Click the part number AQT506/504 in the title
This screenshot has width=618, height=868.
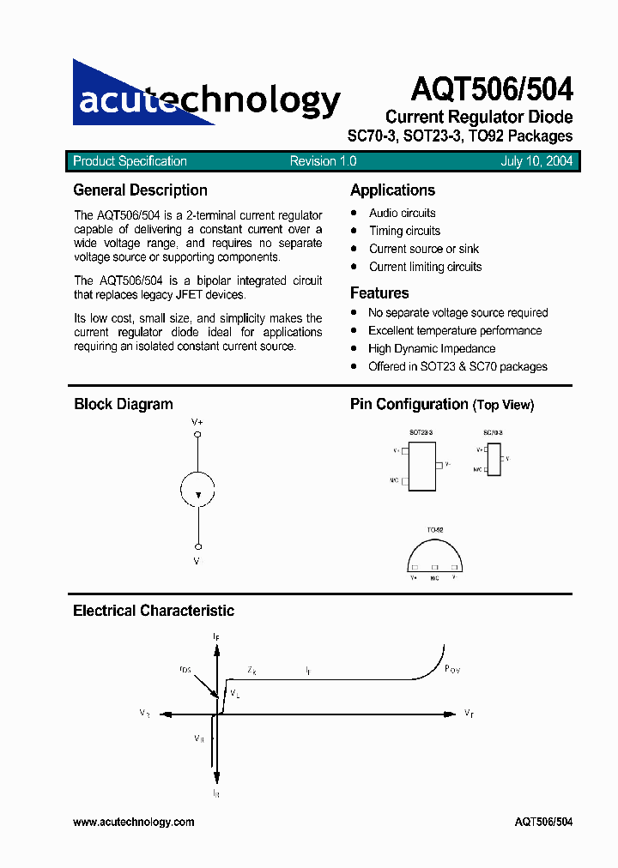(492, 89)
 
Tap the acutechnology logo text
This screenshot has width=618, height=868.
(209, 101)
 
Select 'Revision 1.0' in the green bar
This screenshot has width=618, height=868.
(323, 161)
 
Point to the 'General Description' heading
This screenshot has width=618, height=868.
(140, 190)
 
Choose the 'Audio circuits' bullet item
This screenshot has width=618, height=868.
(402, 213)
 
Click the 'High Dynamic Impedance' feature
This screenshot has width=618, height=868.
(431, 348)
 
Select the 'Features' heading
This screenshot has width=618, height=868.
(379, 293)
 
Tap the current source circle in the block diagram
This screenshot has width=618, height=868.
(198, 491)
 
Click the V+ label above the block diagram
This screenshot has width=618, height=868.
(197, 422)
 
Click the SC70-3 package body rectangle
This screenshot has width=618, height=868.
(494, 459)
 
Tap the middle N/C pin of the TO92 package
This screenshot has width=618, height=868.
(435, 568)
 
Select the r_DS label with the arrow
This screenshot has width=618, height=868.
(186, 668)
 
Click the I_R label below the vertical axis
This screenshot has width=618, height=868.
(216, 794)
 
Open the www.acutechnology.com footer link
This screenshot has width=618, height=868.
(134, 822)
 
